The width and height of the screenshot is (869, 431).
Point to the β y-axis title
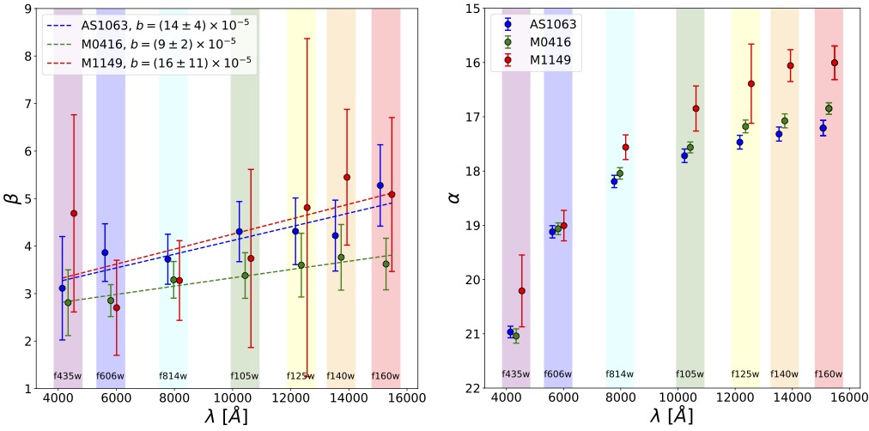[x=14, y=198]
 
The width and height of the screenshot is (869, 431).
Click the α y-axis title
[x=454, y=198]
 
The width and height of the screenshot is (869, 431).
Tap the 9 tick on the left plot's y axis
[x=31, y=9]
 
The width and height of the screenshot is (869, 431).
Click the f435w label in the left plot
[x=68, y=375]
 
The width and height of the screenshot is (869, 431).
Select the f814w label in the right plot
[x=620, y=373]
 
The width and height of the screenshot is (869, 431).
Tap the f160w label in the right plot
[x=829, y=373]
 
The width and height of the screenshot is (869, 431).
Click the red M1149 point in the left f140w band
[x=347, y=178]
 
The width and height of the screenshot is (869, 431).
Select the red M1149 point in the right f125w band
[x=751, y=83]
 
